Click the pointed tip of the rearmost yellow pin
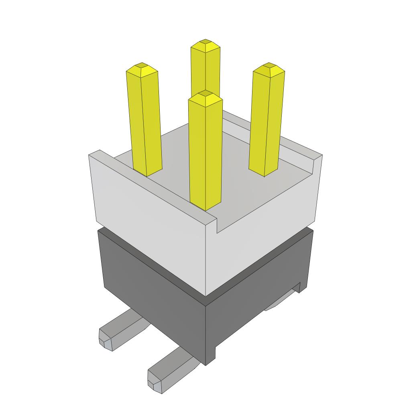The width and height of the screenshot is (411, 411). pyautogui.click(x=205, y=42)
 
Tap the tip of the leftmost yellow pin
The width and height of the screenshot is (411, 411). pyautogui.click(x=141, y=65)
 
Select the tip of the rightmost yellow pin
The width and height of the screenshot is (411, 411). pyautogui.click(x=269, y=65)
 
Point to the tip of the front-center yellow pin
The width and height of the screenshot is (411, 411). pyautogui.click(x=205, y=94)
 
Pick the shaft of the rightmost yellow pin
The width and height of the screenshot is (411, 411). pyautogui.click(x=267, y=120)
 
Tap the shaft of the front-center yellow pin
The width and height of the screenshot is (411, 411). pyautogui.click(x=205, y=153)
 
